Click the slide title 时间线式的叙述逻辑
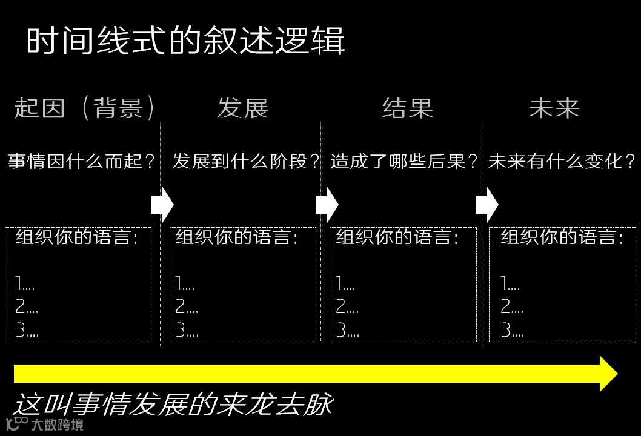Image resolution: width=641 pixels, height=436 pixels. tap(185, 42)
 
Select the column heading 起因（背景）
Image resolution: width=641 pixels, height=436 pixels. tap(85, 108)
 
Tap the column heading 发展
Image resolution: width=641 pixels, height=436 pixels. tap(242, 108)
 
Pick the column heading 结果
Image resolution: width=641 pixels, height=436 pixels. tap(408, 108)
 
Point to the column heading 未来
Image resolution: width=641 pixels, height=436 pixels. tap(554, 108)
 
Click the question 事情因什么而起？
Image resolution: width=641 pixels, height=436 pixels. tap(82, 162)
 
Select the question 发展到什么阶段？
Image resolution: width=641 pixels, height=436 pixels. tap(246, 162)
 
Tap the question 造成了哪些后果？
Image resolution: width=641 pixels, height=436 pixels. tap(405, 162)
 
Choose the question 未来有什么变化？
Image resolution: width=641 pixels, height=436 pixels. tap(562, 162)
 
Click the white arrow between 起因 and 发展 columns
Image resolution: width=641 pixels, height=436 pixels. tap(162, 205)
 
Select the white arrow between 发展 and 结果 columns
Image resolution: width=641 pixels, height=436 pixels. tap(327, 205)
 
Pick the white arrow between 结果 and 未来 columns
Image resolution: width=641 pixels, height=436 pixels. tap(487, 205)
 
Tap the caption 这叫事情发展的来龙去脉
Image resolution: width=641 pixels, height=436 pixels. tap(173, 405)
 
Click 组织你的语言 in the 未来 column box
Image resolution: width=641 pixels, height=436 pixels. tap(562, 237)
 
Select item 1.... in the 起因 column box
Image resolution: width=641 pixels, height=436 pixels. tap(26, 283)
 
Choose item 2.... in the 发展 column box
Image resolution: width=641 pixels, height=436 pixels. tap(187, 307)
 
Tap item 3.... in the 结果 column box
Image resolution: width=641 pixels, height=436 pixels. tap(347, 331)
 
